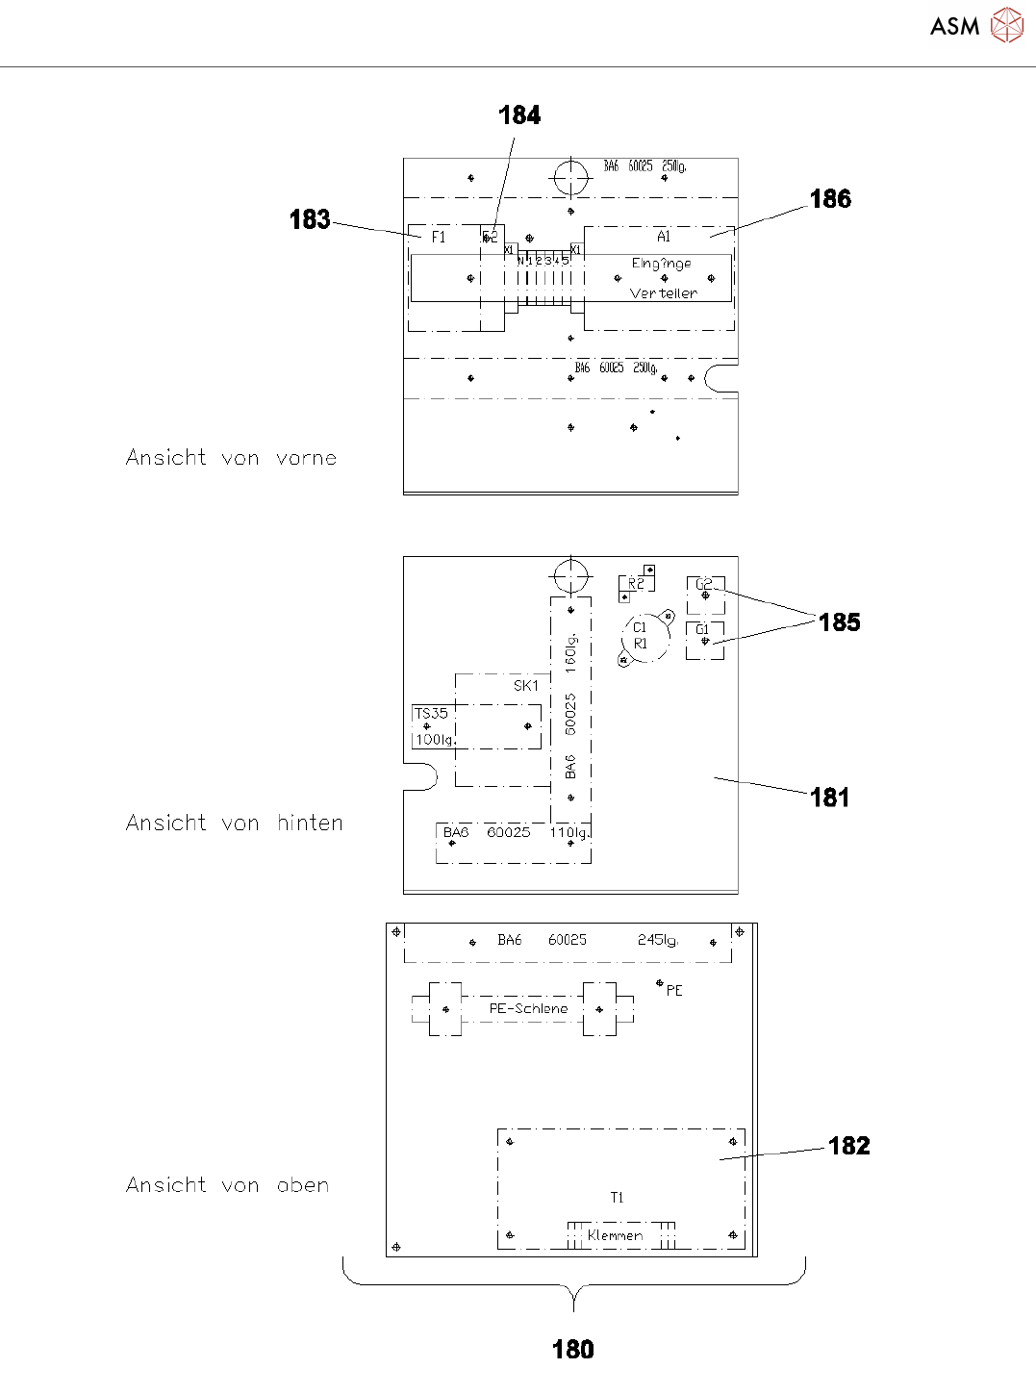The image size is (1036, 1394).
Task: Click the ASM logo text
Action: [954, 27]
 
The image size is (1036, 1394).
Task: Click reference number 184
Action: [519, 115]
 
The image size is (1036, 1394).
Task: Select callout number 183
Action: [310, 220]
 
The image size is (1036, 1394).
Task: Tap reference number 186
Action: [830, 199]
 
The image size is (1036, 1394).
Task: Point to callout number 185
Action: [839, 622]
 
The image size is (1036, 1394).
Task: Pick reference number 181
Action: [829, 798]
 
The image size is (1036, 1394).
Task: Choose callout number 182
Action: [848, 1146]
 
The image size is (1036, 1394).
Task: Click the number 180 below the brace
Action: [573, 1350]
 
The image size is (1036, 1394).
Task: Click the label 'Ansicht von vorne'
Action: [231, 458]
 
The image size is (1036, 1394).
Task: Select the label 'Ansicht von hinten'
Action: [234, 824]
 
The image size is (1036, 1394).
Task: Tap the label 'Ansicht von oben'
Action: [227, 1185]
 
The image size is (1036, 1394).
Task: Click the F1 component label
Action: [439, 238]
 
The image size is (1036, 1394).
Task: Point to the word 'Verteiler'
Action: [663, 293]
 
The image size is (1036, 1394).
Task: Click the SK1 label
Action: [526, 686]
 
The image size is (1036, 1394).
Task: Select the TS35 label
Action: [431, 714]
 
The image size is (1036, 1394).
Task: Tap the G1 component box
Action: [704, 641]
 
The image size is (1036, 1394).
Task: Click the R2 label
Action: [636, 584]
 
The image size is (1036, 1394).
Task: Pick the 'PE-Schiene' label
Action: [528, 1009]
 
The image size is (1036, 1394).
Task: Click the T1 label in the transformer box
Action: [617, 1198]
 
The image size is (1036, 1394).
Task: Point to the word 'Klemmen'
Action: [615, 1236]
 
